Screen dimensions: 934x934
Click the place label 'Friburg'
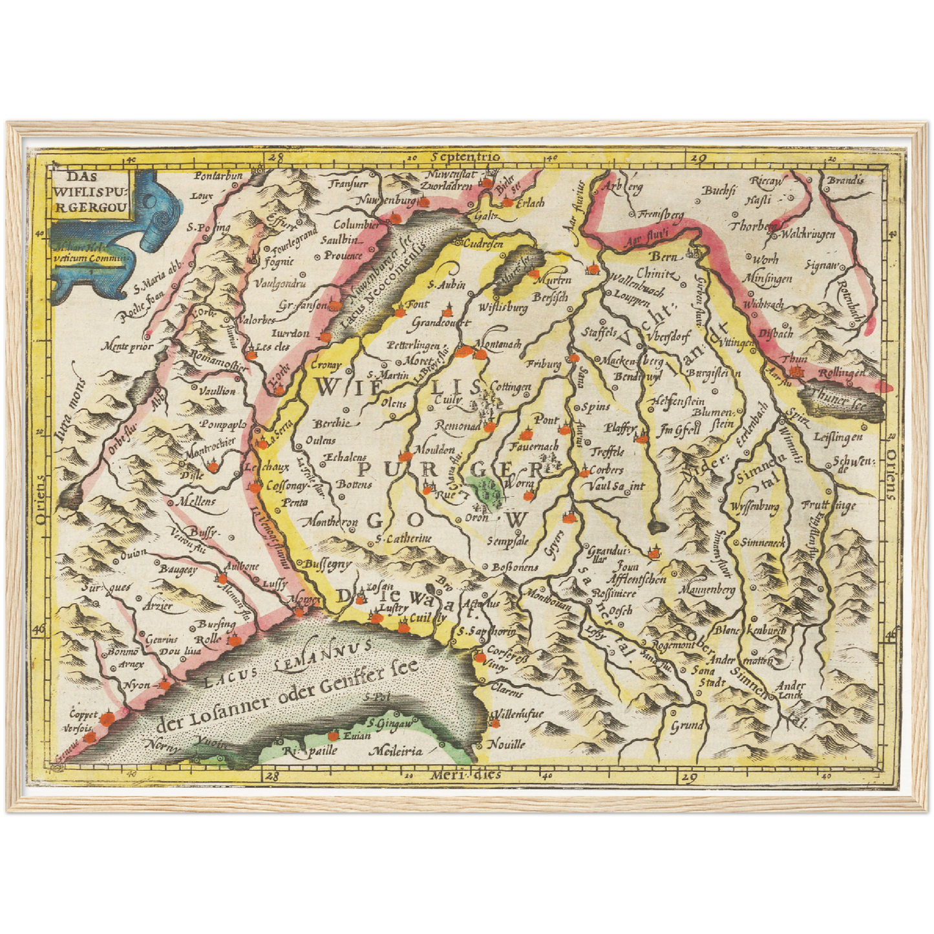point(543,365)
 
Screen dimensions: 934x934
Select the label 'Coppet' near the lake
point(84,714)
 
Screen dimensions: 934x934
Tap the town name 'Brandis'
point(845,180)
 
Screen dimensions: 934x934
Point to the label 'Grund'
point(686,725)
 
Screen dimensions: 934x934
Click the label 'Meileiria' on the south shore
point(396,751)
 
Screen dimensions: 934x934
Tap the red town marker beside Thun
point(798,372)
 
